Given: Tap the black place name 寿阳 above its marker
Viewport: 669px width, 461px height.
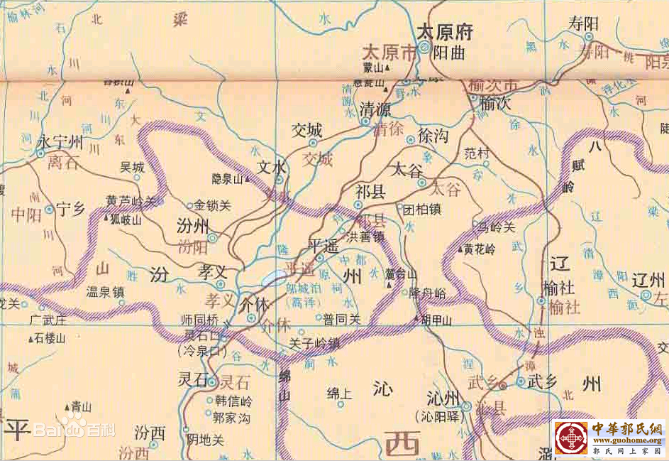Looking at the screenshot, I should click(583, 23).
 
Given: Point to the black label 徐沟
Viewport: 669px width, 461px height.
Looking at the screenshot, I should click(433, 136).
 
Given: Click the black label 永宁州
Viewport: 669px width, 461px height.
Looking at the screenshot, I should click(60, 143).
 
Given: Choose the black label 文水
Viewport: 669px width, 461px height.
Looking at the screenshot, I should click(272, 168).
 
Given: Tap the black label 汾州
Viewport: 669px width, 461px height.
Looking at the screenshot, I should click(191, 226).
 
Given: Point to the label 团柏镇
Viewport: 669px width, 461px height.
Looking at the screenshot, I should click(421, 210).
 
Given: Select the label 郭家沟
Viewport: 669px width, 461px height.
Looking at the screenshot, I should click(232, 418).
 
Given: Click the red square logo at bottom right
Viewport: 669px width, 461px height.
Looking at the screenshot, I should click(571, 438).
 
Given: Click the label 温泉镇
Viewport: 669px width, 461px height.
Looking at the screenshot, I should click(105, 291).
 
